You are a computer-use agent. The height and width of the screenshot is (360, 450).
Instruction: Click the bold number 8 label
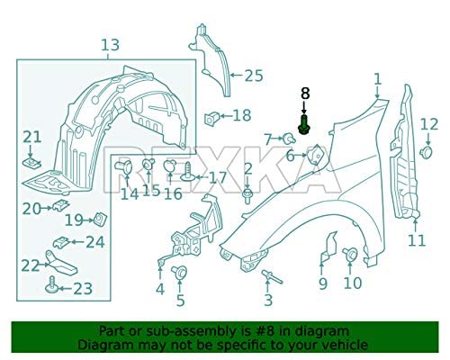point(304,92)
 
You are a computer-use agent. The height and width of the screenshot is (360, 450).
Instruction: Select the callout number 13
point(109,45)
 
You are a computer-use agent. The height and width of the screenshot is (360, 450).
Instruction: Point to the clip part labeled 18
point(214,115)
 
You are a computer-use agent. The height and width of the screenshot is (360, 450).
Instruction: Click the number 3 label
point(267,300)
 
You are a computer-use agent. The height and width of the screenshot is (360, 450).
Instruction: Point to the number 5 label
point(180,300)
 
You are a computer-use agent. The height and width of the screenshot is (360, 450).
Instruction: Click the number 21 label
point(32,137)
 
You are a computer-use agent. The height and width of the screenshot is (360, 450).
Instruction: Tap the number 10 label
point(351,283)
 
